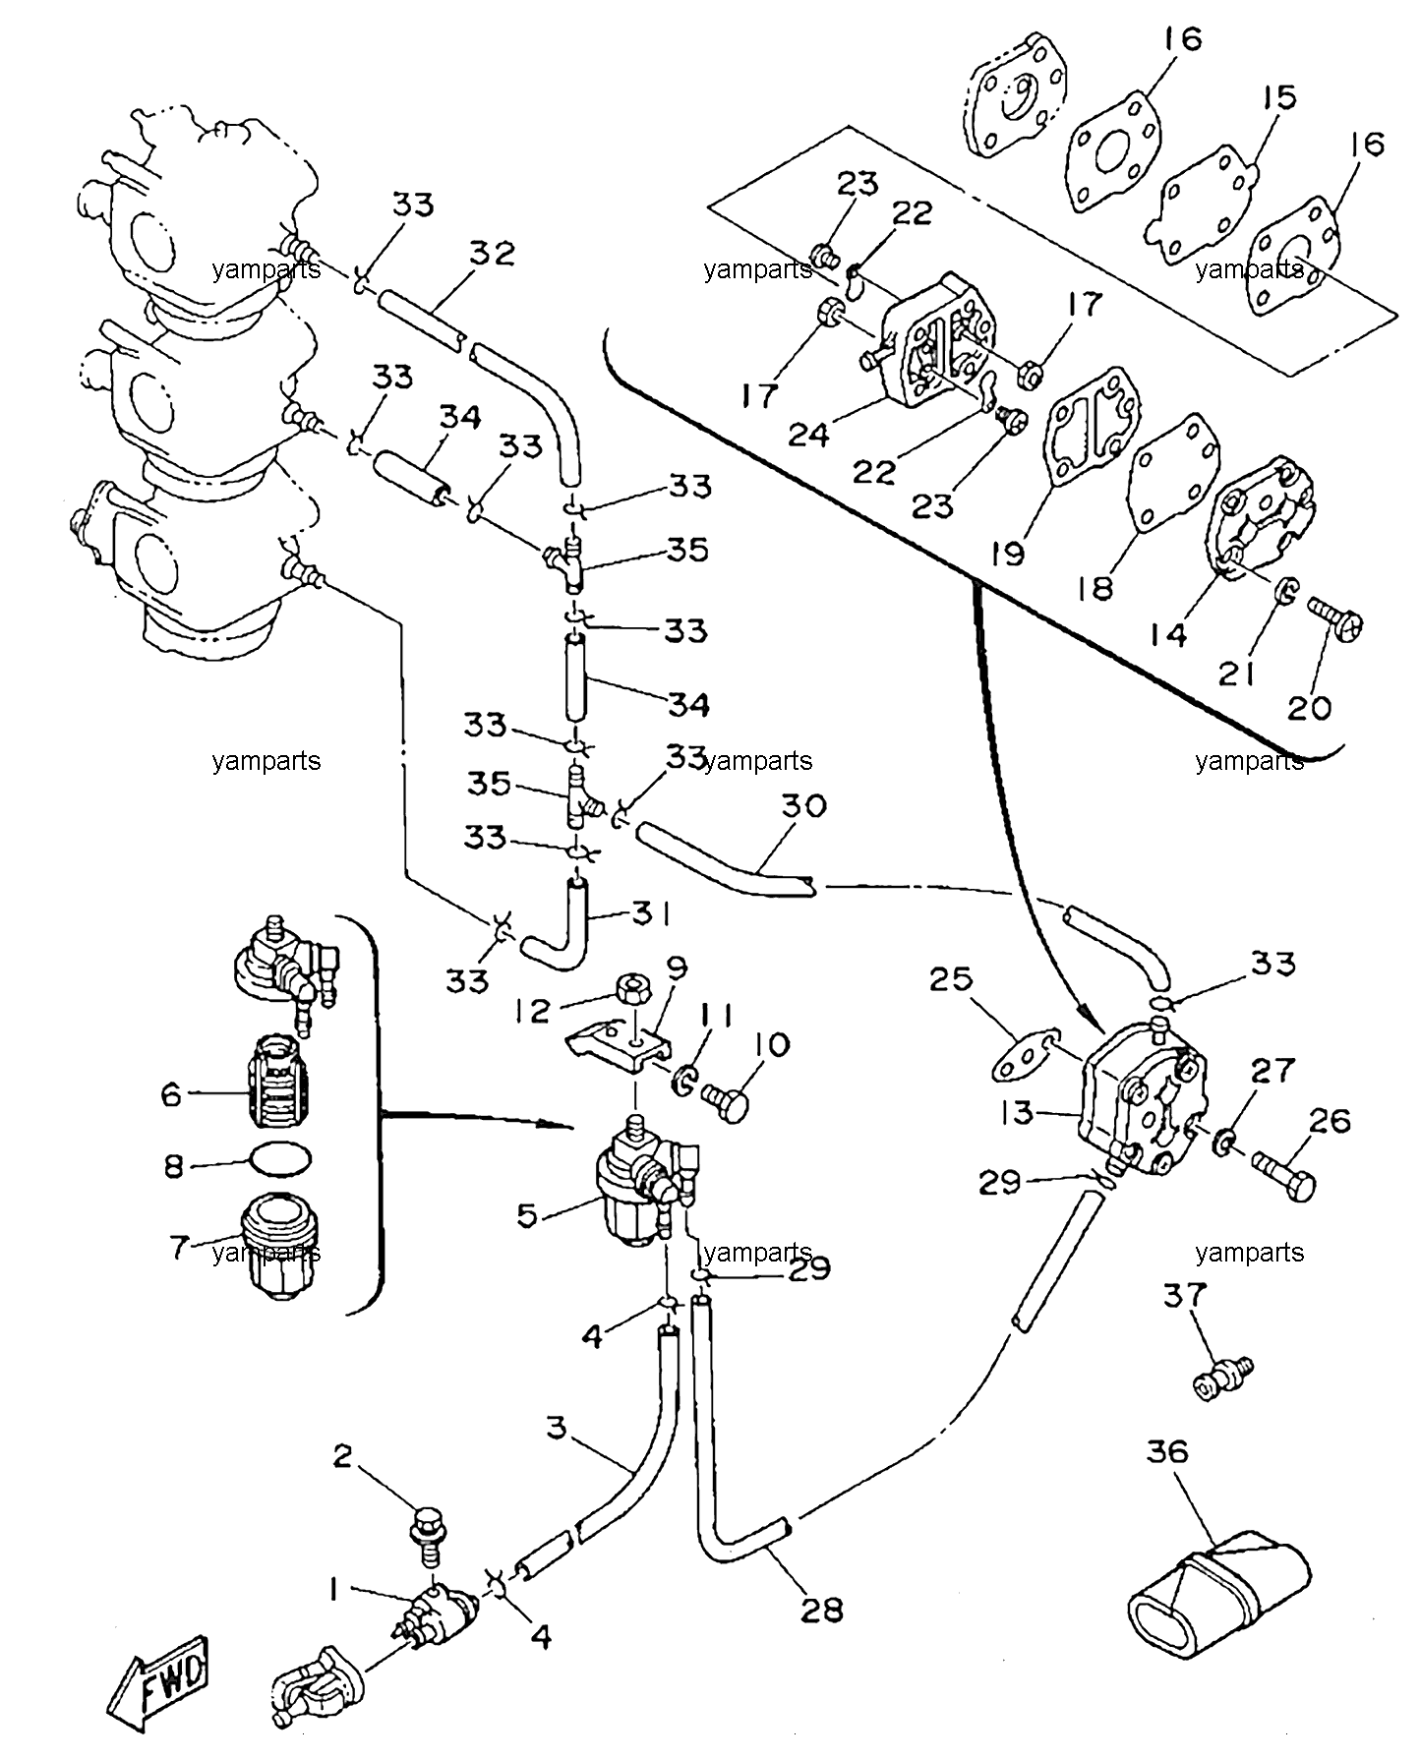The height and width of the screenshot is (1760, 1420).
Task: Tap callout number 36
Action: click(x=1167, y=1451)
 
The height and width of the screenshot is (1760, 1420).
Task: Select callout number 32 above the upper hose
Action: click(x=492, y=254)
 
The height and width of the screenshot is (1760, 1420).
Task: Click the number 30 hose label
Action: click(x=803, y=806)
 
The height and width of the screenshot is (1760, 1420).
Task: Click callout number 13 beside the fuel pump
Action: click(x=1017, y=1112)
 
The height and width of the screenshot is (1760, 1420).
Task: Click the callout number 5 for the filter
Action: click(x=527, y=1215)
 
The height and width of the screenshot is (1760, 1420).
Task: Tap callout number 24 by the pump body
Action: click(x=809, y=433)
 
